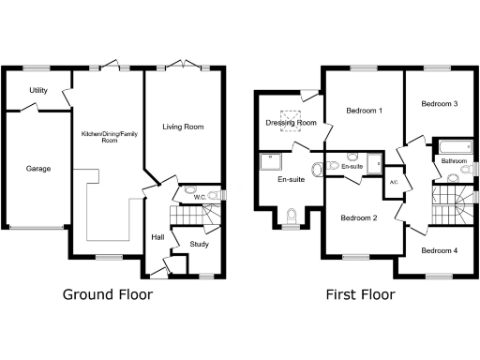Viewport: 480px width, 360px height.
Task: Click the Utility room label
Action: click(38, 91)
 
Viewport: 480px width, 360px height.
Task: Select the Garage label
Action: click(38, 169)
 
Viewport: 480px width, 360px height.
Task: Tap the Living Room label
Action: click(183, 127)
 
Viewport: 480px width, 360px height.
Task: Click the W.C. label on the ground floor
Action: click(199, 197)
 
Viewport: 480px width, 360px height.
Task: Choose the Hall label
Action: click(157, 237)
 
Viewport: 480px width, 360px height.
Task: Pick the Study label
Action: click(199, 244)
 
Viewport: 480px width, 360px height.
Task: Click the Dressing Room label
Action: click(291, 123)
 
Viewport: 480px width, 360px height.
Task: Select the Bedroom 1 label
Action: click(364, 111)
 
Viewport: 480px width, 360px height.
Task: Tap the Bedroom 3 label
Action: click(439, 103)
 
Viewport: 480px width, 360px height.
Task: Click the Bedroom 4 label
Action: click(439, 250)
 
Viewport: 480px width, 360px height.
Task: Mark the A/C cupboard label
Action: click(393, 182)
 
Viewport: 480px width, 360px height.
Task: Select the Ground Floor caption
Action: click(108, 294)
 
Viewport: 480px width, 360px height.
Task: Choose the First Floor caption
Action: click(360, 294)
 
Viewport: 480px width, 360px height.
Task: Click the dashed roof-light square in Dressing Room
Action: click(292, 122)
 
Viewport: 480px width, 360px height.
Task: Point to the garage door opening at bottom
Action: click(37, 227)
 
